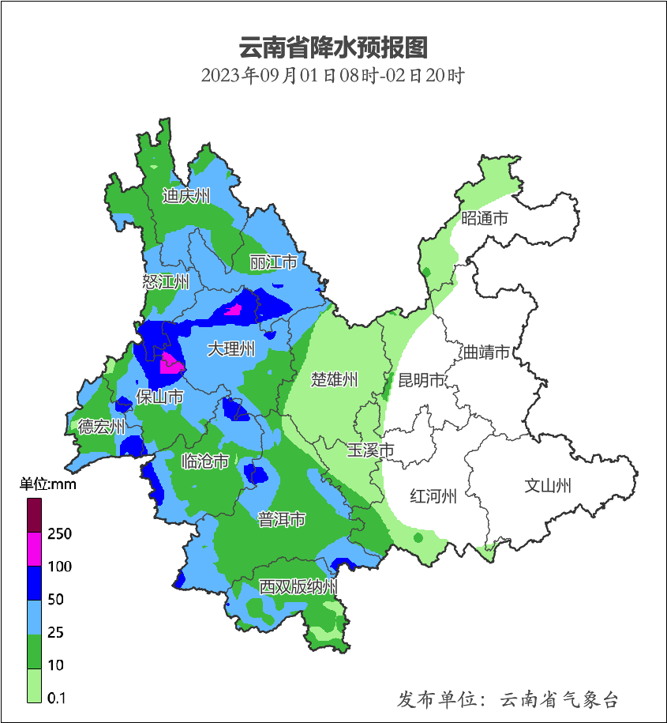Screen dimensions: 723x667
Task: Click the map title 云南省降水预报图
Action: (332, 48)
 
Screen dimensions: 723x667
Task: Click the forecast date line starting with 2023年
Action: (332, 77)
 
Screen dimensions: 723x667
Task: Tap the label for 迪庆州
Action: (186, 196)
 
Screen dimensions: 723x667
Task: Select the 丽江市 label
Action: (273, 262)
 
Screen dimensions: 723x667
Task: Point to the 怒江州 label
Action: (166, 282)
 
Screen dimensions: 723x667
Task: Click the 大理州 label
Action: (231, 348)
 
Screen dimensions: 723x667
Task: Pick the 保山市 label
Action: (159, 397)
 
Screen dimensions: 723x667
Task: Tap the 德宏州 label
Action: (102, 427)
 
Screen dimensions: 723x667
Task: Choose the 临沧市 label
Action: (205, 461)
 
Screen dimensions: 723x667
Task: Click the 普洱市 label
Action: (282, 519)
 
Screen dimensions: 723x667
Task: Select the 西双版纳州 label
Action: (299, 587)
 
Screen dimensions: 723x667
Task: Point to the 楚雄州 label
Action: (334, 380)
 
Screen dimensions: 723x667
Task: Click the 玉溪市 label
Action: (370, 450)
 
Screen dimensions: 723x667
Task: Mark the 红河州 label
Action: (433, 496)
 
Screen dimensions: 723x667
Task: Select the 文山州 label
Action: (548, 486)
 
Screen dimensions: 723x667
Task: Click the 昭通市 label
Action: (484, 218)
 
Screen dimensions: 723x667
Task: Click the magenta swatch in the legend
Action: (35, 548)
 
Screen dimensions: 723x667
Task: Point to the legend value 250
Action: (59, 534)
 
